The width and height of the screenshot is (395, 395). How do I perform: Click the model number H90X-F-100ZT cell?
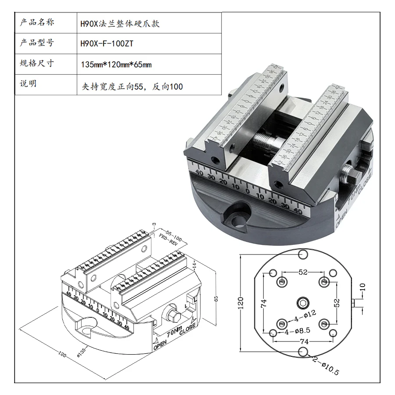point(107,44)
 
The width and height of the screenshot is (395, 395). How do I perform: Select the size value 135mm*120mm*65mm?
point(116,65)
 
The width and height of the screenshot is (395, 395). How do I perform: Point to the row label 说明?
point(28,84)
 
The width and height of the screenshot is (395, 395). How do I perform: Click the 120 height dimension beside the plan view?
point(241,302)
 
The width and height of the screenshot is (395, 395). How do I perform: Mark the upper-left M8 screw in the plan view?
point(282,280)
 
